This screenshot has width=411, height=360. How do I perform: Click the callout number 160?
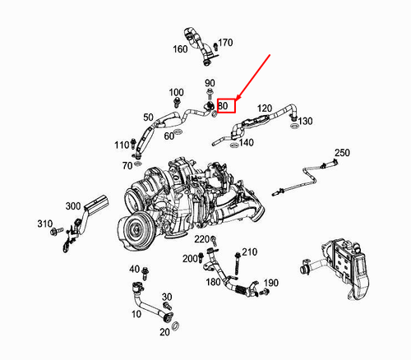[179, 48]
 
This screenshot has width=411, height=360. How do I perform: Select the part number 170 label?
[225, 43]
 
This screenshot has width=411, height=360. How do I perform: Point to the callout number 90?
[210, 83]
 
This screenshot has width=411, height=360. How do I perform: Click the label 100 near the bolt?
[177, 91]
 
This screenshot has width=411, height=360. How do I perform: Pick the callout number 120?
[265, 108]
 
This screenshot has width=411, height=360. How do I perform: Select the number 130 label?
[305, 121]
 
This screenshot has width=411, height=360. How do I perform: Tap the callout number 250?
[342, 153]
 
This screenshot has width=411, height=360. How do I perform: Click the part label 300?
[72, 205]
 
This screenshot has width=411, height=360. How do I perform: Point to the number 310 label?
[44, 224]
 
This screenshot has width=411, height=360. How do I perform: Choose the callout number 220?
[201, 239]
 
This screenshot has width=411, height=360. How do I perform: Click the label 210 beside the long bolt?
[250, 252]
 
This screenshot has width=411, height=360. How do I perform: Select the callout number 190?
[270, 283]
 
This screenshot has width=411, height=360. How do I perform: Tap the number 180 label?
[213, 282]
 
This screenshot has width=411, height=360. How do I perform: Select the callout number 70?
[127, 165]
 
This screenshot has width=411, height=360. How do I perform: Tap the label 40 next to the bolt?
[134, 270]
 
